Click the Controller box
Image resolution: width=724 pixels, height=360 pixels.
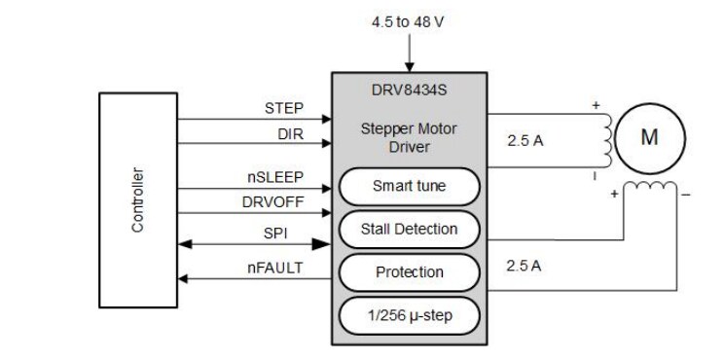[139, 198]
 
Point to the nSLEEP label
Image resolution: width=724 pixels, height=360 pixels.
[275, 177]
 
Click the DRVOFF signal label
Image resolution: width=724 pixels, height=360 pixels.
[272, 202]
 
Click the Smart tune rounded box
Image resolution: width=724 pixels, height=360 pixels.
[409, 185]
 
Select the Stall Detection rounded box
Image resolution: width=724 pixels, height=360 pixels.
[409, 229]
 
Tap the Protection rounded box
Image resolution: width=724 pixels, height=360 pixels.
[409, 272]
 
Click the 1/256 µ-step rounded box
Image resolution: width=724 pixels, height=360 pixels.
[409, 315]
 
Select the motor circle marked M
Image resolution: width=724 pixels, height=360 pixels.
[649, 137]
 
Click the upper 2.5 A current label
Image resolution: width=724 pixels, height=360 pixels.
[525, 140]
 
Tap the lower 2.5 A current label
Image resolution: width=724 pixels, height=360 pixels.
[525, 264]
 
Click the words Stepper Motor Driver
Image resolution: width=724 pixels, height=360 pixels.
[409, 137]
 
